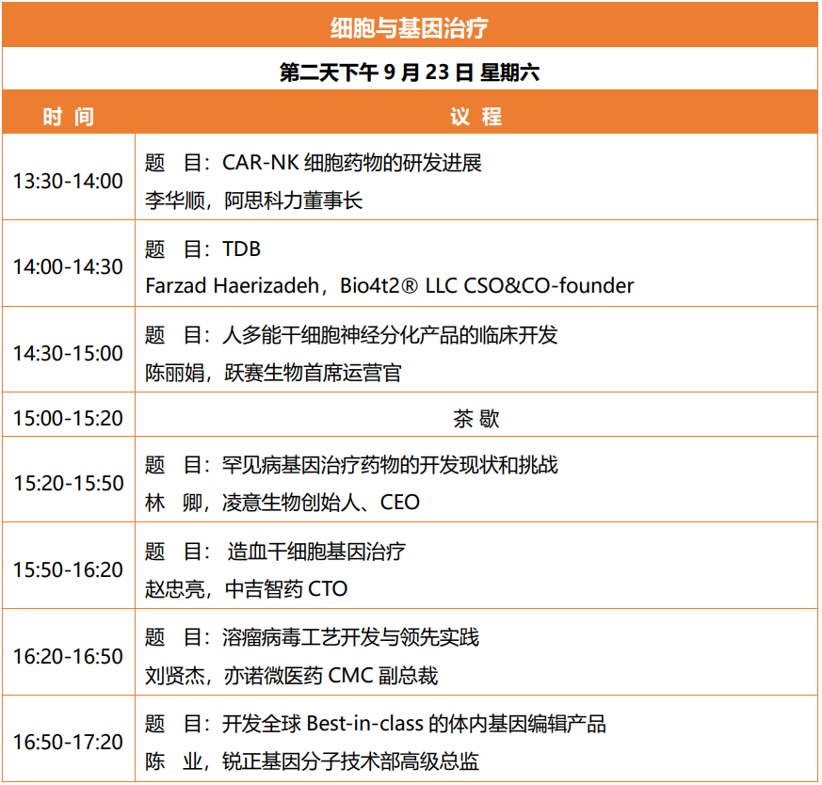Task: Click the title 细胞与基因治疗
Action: pyautogui.click(x=409, y=28)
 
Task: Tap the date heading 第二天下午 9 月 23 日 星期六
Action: pyautogui.click(x=410, y=72)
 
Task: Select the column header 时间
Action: pyautogui.click(x=68, y=117)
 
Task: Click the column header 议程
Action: pyautogui.click(x=476, y=117)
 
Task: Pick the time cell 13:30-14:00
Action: pyautogui.click(x=68, y=182)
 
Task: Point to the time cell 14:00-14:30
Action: pyautogui.click(x=68, y=266)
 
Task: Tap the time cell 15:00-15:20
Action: pyautogui.click(x=68, y=418)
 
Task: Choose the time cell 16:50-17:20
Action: pyautogui.click(x=68, y=742)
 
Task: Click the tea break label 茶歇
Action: pyautogui.click(x=476, y=419)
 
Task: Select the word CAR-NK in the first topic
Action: pyautogui.click(x=261, y=163)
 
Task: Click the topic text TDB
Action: pyautogui.click(x=241, y=248)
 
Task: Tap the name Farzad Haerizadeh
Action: pyautogui.click(x=233, y=285)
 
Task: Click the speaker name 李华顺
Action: pyautogui.click(x=175, y=200)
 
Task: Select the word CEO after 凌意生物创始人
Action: pyautogui.click(x=399, y=502)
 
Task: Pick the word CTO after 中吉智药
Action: pyautogui.click(x=328, y=588)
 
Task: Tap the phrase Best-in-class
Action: pyautogui.click(x=365, y=724)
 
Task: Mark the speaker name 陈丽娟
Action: pyautogui.click(x=175, y=373)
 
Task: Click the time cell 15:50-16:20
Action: pyautogui.click(x=68, y=569)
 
